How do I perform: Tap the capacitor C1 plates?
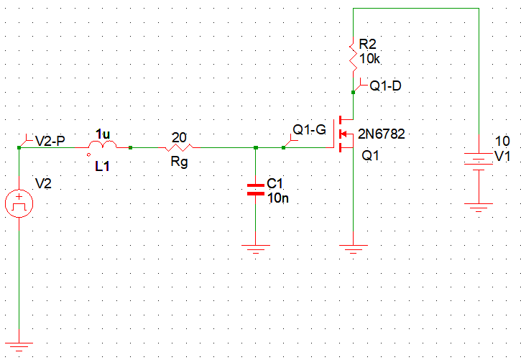click(x=255, y=189)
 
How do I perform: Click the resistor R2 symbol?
click(x=354, y=56)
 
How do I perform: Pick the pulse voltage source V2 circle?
click(x=19, y=205)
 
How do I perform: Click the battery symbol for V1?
click(x=477, y=160)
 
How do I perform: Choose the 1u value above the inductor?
click(x=103, y=134)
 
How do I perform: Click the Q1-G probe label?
click(x=309, y=131)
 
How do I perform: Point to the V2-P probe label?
click(x=48, y=140)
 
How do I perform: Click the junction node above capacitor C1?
click(x=256, y=148)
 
